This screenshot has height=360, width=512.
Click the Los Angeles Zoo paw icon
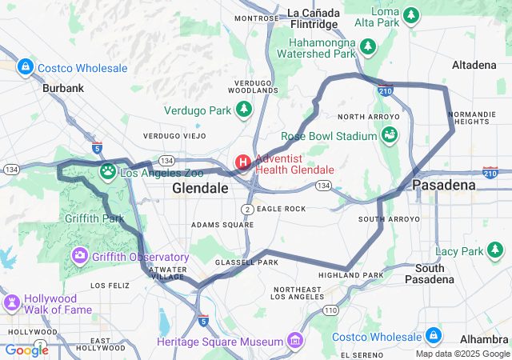(x=108, y=170)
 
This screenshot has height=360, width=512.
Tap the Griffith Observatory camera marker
(x=80, y=256)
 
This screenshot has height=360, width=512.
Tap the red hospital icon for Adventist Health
(x=242, y=163)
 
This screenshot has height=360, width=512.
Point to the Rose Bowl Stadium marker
(x=390, y=135)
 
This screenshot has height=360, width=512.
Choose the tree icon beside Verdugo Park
(x=243, y=109)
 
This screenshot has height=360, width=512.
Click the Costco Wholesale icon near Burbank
(x=25, y=66)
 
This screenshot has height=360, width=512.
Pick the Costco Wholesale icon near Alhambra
(x=433, y=334)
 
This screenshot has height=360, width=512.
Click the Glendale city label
(x=200, y=188)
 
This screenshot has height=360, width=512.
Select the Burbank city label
(x=63, y=88)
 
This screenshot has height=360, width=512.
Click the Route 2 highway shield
(x=248, y=209)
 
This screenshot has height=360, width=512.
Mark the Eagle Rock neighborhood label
(x=281, y=209)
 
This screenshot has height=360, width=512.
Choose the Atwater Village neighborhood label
(x=166, y=274)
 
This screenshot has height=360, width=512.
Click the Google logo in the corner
(x=26, y=350)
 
